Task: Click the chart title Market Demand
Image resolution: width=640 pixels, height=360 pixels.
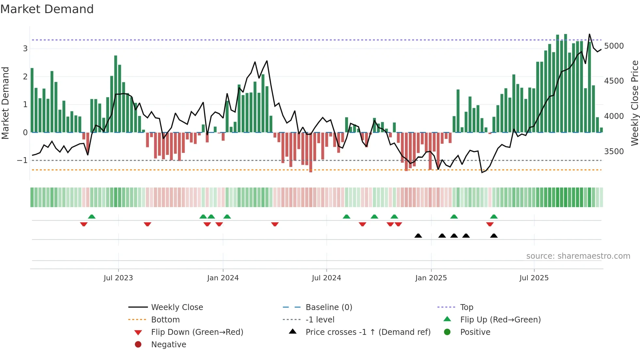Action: pos(47,9)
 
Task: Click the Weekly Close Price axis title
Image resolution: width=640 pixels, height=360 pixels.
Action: pos(634,103)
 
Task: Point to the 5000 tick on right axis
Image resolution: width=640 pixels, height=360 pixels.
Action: pos(614,46)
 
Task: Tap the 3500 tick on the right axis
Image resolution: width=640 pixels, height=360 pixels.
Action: pos(614,152)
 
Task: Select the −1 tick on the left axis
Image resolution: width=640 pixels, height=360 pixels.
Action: pos(22,160)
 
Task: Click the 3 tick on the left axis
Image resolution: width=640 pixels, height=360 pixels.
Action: pos(25,49)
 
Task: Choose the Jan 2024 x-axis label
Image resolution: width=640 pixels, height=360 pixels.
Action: pos(223,278)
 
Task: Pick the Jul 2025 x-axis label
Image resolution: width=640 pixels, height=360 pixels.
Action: pos(534,278)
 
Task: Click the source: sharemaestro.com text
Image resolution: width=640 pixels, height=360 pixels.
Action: pos(578,256)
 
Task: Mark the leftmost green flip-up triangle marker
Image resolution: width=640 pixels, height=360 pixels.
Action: pos(92,217)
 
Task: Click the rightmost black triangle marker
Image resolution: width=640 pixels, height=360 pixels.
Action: pos(494,236)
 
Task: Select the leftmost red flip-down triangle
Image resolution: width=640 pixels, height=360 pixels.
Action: pos(84,224)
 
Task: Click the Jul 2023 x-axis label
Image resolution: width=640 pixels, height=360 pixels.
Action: pos(118,278)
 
